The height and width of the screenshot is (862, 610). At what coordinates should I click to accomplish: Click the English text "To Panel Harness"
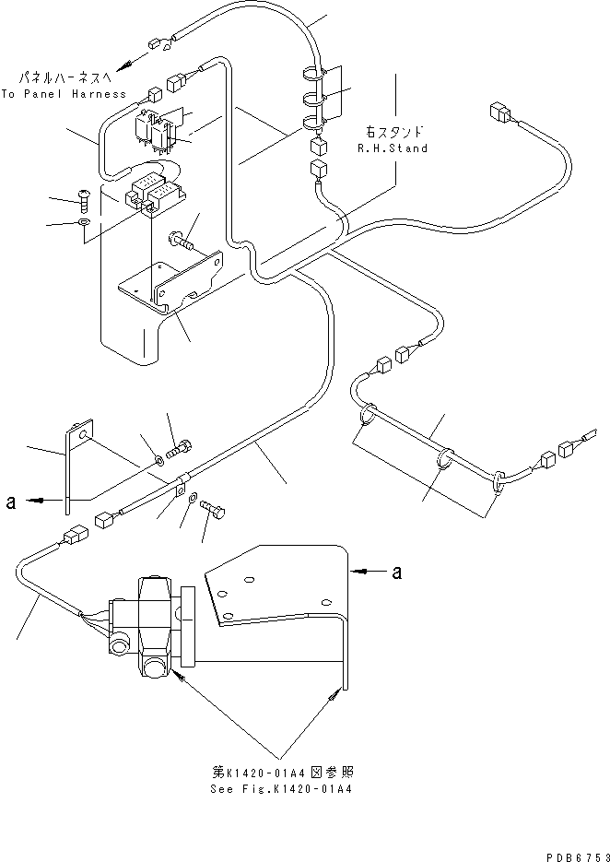tap(64, 93)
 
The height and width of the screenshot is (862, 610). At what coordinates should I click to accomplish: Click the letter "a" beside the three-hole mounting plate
tap(397, 573)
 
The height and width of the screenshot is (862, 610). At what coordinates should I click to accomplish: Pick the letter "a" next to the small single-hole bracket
tap(10, 502)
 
